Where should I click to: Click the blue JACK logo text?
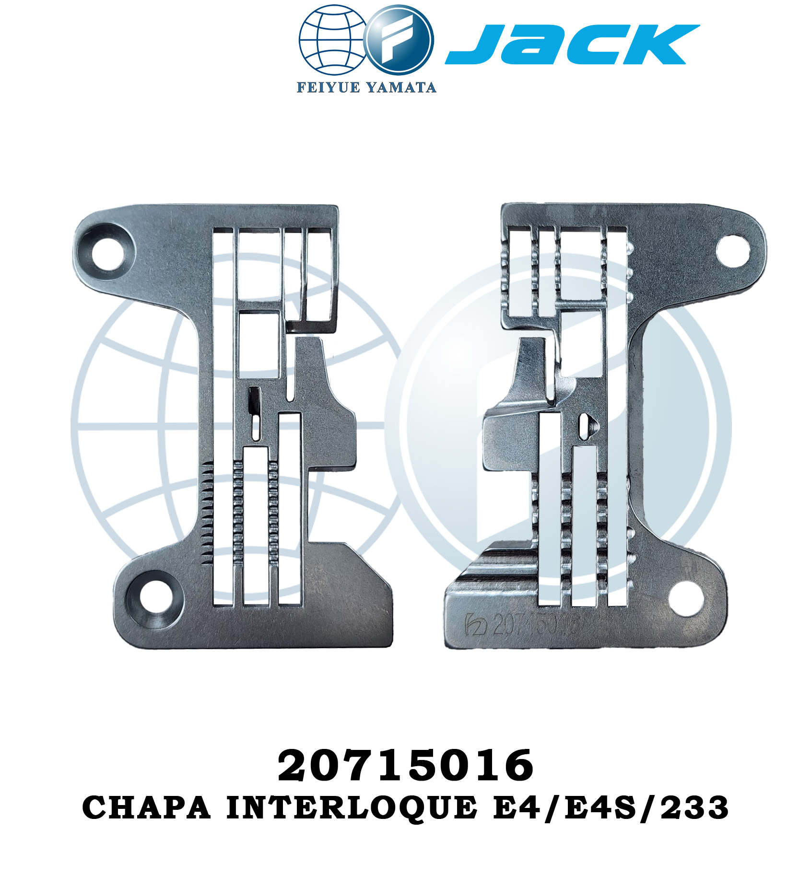pyautogui.click(x=572, y=44)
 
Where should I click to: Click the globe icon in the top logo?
pyautogui.click(x=332, y=40)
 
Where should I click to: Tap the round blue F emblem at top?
pyautogui.click(x=399, y=40)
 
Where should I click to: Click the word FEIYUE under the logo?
pyautogui.click(x=328, y=87)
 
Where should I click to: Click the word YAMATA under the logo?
pyautogui.click(x=401, y=87)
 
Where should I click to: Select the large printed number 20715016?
pyautogui.click(x=405, y=765)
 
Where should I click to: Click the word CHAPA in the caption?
pyautogui.click(x=146, y=808)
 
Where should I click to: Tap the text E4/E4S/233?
pyautogui.click(x=611, y=808)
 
